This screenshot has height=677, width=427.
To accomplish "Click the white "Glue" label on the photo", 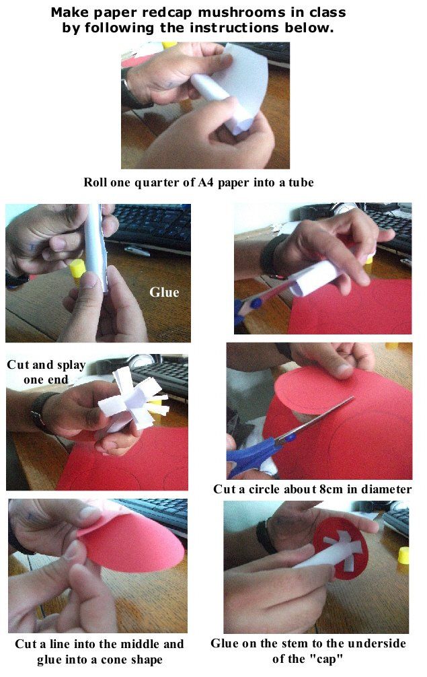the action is [164, 292].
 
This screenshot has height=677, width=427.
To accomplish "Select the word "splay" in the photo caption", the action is [71, 365].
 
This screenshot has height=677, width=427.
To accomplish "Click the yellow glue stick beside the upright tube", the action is [77, 271].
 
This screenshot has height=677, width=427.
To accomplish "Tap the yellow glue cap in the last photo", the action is [403, 556].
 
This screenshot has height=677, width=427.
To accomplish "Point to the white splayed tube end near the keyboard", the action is [134, 400].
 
